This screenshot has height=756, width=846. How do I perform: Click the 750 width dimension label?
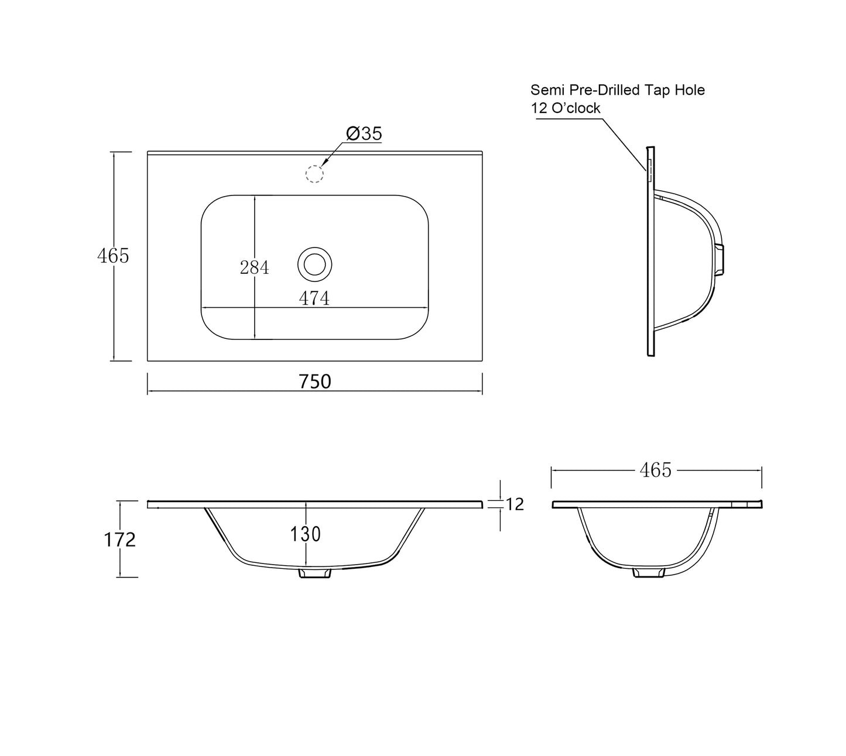tap(314, 382)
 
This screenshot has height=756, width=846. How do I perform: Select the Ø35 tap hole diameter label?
tap(364, 133)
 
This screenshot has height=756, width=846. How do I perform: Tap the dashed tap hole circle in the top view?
tap(314, 174)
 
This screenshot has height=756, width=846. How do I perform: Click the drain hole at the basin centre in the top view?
tap(314, 264)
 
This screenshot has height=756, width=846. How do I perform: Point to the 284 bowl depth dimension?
tap(254, 267)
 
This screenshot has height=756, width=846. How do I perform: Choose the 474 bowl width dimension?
tap(314, 298)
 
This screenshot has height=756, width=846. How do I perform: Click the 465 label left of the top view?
tap(113, 256)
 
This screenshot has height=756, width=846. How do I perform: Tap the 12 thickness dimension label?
tap(515, 505)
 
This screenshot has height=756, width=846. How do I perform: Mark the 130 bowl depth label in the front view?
tap(305, 534)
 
